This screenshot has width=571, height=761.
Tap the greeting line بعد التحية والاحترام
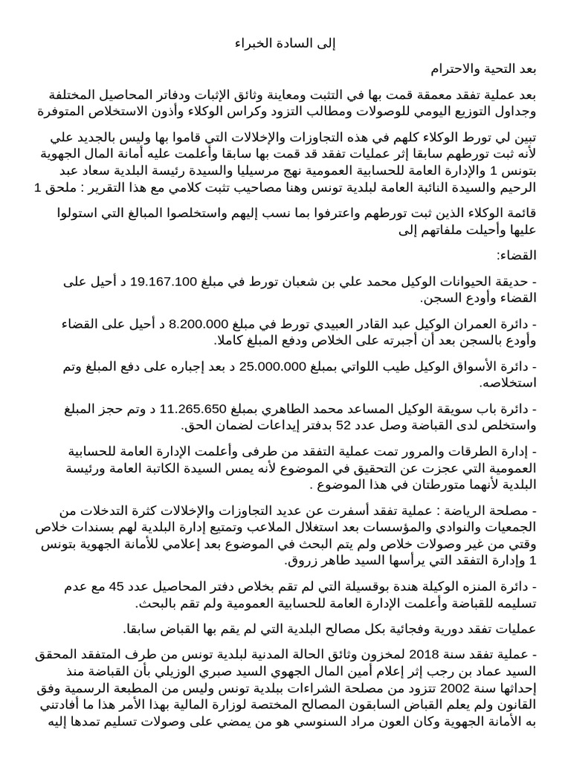[483, 70]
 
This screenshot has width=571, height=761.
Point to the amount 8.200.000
[196, 323]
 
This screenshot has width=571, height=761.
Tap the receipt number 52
[343, 425]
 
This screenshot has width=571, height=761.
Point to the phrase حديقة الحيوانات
[500, 281]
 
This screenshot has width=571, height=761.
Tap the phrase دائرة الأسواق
[505, 365]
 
